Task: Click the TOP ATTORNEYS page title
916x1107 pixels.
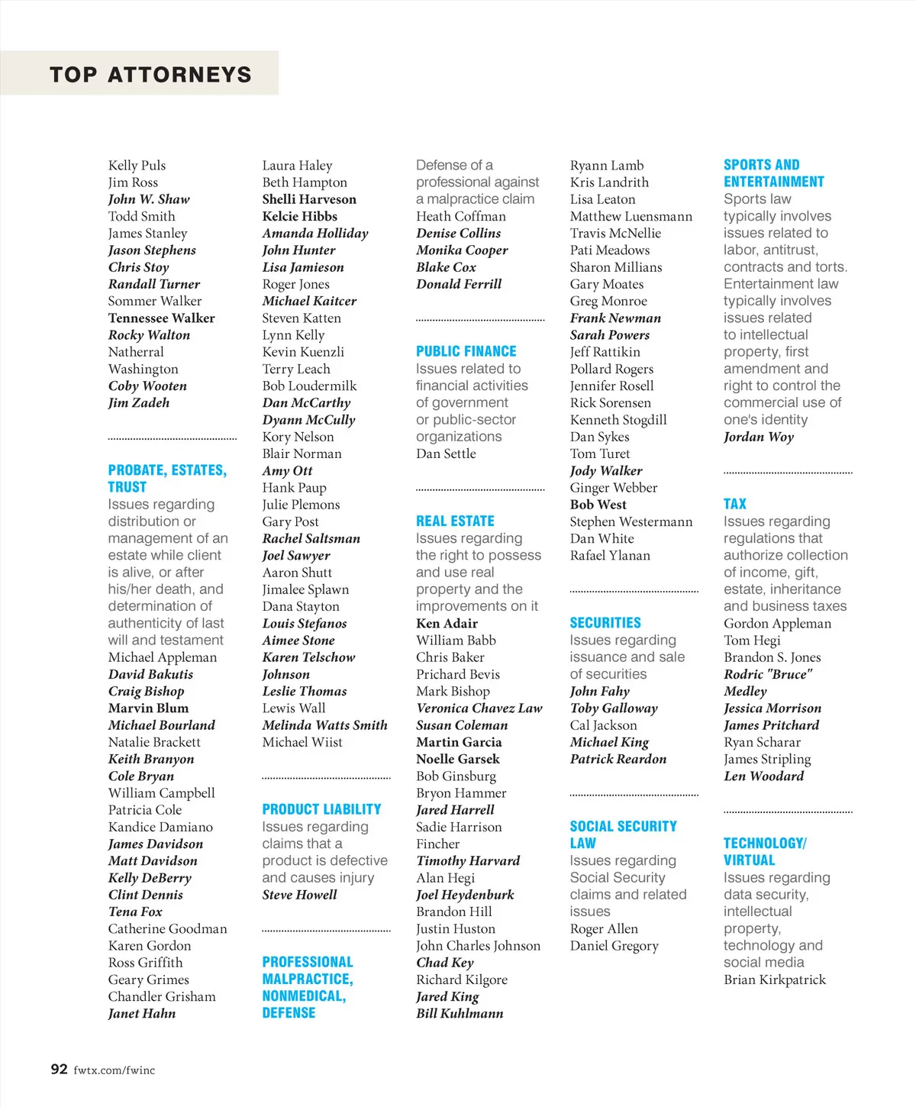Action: point(150,74)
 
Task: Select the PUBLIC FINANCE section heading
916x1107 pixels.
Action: point(466,351)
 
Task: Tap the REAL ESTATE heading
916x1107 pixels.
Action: point(455,521)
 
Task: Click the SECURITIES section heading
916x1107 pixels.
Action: point(605,623)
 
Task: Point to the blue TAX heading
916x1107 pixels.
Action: point(735,504)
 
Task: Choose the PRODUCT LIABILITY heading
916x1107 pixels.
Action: point(321,809)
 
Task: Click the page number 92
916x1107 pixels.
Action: point(59,1069)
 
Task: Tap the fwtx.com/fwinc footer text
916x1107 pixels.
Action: point(114,1070)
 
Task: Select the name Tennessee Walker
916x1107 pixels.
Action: point(161,318)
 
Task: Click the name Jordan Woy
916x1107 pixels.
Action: point(759,437)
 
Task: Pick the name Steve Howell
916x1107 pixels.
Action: point(299,895)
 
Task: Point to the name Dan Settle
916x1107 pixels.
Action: point(446,453)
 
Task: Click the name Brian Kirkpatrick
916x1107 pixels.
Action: point(775,980)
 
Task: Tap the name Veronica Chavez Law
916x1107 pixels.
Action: point(479,708)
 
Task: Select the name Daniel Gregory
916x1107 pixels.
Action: point(614,945)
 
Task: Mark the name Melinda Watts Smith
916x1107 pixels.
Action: point(324,725)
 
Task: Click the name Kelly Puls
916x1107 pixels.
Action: point(137,165)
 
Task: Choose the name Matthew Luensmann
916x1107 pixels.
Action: point(631,216)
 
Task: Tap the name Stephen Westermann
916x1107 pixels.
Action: point(631,521)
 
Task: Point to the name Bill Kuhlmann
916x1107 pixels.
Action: point(460,1013)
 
